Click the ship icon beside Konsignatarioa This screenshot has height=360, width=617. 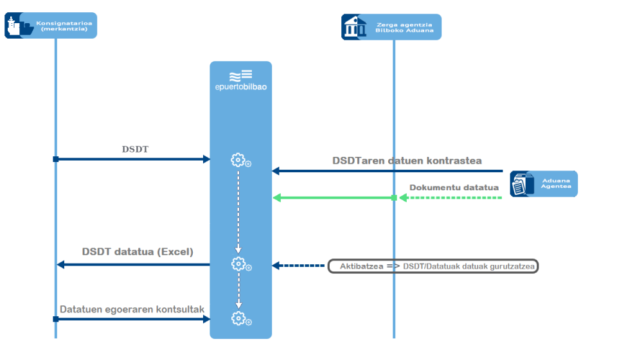[x=18, y=26]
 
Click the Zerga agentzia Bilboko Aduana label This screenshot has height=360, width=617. [x=404, y=27]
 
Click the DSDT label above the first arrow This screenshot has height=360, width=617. [x=135, y=149]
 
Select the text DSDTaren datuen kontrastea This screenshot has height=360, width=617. [x=407, y=161]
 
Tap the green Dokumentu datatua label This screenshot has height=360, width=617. [x=454, y=188]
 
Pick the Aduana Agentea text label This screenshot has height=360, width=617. [x=555, y=184]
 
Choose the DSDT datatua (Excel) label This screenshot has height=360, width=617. [x=138, y=252]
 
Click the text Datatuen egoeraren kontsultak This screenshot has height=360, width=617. [x=132, y=309]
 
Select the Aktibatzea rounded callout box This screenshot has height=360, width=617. [x=433, y=265]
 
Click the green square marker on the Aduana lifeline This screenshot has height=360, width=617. [x=394, y=197]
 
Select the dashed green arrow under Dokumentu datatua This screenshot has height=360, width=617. [x=450, y=197]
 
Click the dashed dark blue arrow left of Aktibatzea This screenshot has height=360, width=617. [x=299, y=265]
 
